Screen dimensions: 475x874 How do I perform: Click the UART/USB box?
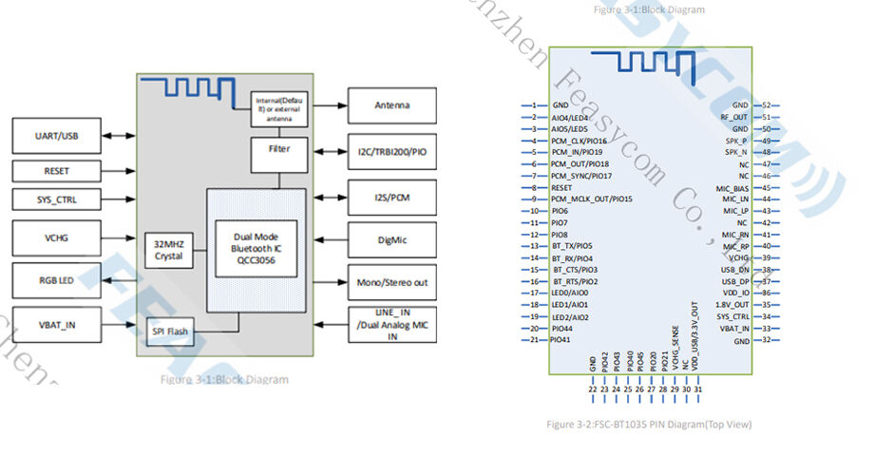57,136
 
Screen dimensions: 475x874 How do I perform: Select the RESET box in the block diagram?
57,171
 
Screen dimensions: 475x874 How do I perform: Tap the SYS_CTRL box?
57,200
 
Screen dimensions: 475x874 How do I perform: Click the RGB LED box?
57,280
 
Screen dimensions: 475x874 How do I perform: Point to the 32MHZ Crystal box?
168,249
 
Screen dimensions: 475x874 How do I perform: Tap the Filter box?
279,150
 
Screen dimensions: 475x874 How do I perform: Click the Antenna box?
392,105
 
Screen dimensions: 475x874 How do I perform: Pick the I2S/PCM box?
392,198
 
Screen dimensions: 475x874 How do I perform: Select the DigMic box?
392,240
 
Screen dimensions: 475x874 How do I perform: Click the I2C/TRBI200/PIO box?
392,152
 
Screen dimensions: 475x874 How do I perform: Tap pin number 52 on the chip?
766,105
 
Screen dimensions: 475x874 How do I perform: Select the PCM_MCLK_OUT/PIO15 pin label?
591,199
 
